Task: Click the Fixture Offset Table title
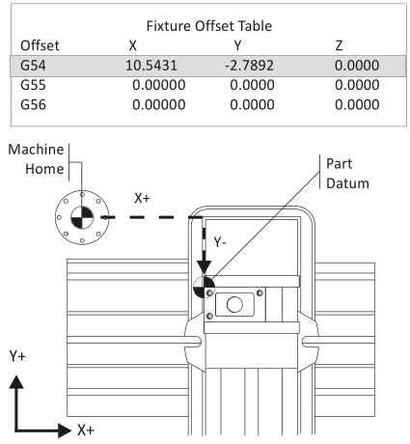tap(209, 26)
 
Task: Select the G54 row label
tap(33, 66)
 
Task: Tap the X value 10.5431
tap(151, 66)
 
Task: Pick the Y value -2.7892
tap(249, 66)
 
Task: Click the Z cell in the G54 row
tap(357, 66)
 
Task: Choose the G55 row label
tap(33, 85)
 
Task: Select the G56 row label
tap(33, 105)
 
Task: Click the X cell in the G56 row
tap(159, 105)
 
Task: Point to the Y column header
tap(237, 45)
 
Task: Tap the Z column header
tap(339, 45)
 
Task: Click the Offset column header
tap(40, 45)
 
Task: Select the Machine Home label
tap(36, 159)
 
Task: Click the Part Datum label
tap(347, 174)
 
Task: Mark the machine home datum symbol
tap(82, 217)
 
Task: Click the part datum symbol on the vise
tap(204, 287)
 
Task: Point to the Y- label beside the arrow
tap(220, 241)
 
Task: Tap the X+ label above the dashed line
tap(142, 198)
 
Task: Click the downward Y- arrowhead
tap(204, 267)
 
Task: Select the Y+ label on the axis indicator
tap(17, 356)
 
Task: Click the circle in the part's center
tap(234, 304)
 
